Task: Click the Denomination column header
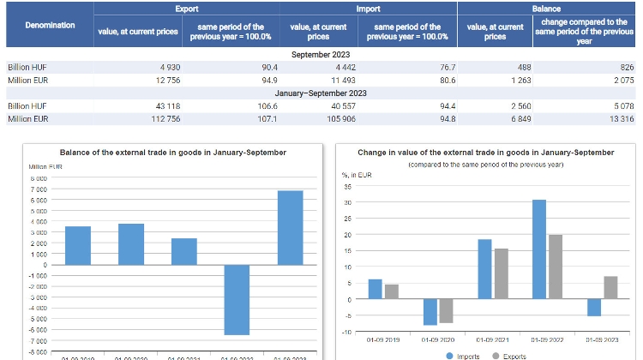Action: pos(50,26)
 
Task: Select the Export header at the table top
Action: pos(187,8)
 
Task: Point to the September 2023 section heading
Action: pos(321,54)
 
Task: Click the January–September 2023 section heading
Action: pos(321,92)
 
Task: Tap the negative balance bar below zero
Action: pos(237,299)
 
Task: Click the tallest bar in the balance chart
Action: pos(289,227)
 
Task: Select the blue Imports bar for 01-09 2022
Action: pos(539,249)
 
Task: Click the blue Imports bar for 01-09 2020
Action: pos(430,312)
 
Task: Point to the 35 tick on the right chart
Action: pos(347,186)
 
